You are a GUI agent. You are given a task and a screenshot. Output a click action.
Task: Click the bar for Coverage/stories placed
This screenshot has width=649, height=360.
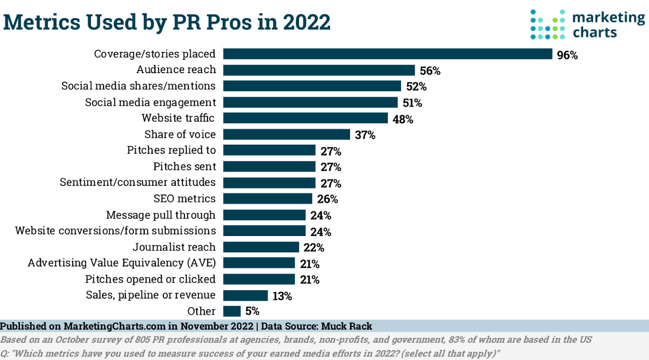pos(387,54)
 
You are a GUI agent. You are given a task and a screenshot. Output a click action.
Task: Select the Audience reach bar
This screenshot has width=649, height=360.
pos(319,70)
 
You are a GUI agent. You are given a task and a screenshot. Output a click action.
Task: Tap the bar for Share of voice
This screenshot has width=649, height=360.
pos(286,134)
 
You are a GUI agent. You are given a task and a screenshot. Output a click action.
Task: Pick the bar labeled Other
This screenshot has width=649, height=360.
pos(232,311)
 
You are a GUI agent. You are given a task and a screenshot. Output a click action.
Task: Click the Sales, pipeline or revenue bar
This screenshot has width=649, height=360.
pos(245,295)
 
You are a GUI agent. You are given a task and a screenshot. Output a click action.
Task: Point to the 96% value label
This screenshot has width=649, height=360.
pos(567,55)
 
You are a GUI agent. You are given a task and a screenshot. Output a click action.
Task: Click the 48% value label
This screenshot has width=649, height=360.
pos(403,119)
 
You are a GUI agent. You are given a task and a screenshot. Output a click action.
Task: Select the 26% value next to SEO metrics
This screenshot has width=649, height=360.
pos(327,199)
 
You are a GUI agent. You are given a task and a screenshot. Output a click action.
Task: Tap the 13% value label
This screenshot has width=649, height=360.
pos(282,296)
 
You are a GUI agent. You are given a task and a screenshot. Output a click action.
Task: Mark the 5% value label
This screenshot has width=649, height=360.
pos(252,311)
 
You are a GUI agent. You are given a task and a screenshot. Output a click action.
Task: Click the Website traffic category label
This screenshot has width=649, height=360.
pos(178,118)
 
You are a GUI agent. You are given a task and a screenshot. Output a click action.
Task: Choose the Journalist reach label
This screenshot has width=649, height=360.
pos(174,247)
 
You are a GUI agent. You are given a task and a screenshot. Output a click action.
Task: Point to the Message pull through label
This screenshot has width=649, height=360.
pos(161,215)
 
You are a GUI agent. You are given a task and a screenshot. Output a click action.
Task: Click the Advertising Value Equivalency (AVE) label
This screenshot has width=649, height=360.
pos(122,263)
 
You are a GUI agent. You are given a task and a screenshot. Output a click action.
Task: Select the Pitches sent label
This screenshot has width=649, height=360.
pos(185,166)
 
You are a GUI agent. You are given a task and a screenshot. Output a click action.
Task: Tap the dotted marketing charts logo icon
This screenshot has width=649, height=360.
pos(547,24)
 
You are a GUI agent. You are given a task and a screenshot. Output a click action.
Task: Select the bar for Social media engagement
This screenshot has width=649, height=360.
pos(310,102)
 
